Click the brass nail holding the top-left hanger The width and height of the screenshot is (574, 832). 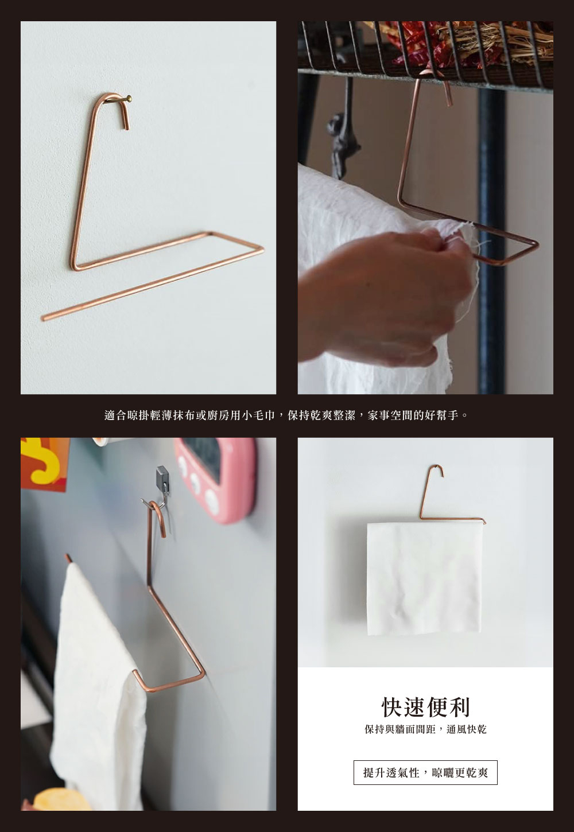pos(129,99)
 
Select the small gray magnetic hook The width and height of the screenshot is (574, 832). pos(164,477)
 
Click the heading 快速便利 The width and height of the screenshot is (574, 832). pos(425,707)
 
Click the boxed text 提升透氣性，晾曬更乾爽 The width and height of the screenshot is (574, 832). pos(425,773)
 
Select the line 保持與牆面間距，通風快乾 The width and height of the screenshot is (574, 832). pos(425,730)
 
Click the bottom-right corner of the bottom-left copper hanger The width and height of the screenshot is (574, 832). pos(203,675)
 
